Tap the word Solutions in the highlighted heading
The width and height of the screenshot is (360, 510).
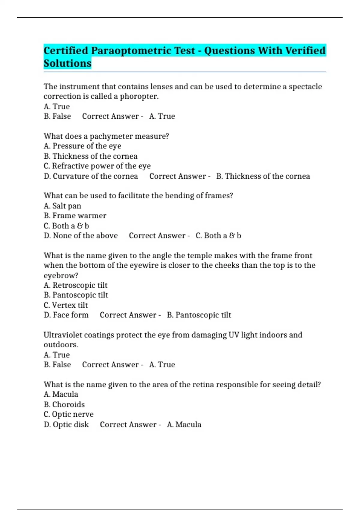click(x=67, y=64)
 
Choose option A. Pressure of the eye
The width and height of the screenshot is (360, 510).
click(x=82, y=146)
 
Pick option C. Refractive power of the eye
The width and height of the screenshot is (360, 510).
click(x=97, y=166)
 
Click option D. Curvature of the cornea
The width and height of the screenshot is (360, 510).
click(x=91, y=176)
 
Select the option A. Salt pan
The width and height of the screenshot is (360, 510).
click(x=62, y=206)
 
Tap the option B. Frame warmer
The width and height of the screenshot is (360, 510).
click(x=75, y=216)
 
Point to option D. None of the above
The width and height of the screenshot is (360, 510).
click(x=81, y=236)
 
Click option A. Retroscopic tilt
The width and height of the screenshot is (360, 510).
click(x=76, y=285)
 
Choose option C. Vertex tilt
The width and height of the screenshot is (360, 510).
click(x=66, y=305)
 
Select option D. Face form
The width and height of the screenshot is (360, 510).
click(x=66, y=315)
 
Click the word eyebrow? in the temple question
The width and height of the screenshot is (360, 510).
click(x=61, y=276)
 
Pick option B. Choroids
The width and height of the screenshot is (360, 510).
click(x=64, y=405)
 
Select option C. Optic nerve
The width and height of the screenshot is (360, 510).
click(x=69, y=415)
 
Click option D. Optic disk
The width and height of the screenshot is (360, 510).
click(x=66, y=425)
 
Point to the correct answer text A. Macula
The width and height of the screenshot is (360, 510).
click(x=184, y=425)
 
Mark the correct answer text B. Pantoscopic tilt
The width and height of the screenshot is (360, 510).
click(x=199, y=315)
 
